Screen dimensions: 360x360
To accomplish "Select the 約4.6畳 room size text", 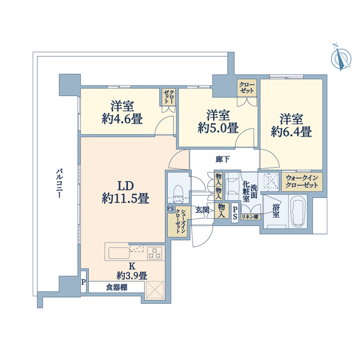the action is (x=122, y=119).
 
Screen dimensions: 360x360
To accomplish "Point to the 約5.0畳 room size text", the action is (x=218, y=128).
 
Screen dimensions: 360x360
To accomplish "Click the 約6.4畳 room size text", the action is (x=291, y=132).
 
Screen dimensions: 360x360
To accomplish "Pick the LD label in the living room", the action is (x=125, y=186).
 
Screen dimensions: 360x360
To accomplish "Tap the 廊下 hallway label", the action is (x=223, y=159).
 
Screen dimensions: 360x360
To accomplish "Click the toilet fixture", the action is (x=178, y=193).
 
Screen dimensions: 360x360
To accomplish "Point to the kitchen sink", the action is (x=119, y=253).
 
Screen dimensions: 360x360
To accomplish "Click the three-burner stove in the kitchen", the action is (x=154, y=253).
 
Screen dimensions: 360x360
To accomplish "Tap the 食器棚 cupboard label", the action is (x=116, y=287).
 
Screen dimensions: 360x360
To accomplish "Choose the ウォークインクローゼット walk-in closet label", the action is (x=302, y=182).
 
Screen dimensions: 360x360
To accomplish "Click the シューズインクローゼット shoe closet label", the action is (x=180, y=221).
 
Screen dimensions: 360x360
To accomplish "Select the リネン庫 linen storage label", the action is (x=250, y=217).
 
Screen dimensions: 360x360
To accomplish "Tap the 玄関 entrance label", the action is (x=202, y=210).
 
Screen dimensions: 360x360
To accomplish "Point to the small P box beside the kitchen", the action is (x=84, y=282).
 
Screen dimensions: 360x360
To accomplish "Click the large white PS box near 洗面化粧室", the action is (x=235, y=213).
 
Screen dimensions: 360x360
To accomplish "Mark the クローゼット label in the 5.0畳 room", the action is (x=247, y=88).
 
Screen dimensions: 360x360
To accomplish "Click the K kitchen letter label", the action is (x=132, y=266).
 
